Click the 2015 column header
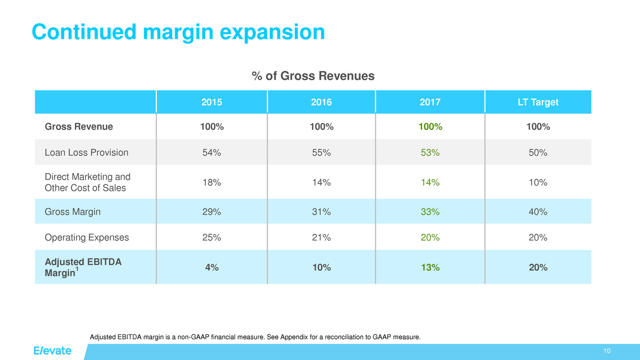[x=212, y=102]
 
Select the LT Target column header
[x=538, y=102]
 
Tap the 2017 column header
[x=430, y=102]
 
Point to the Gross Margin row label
[x=72, y=211]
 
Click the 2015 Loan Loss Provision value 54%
[x=212, y=152]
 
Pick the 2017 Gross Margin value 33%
[x=430, y=211]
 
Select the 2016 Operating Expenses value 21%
[x=321, y=237]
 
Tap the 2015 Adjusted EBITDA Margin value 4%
[x=212, y=267]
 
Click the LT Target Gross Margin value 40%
[x=538, y=211]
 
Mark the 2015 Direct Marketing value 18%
[x=212, y=182]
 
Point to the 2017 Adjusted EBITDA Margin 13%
[x=430, y=267]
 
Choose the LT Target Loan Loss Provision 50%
[x=538, y=152]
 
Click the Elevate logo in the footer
[x=53, y=351]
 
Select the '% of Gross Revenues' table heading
[x=313, y=76]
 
